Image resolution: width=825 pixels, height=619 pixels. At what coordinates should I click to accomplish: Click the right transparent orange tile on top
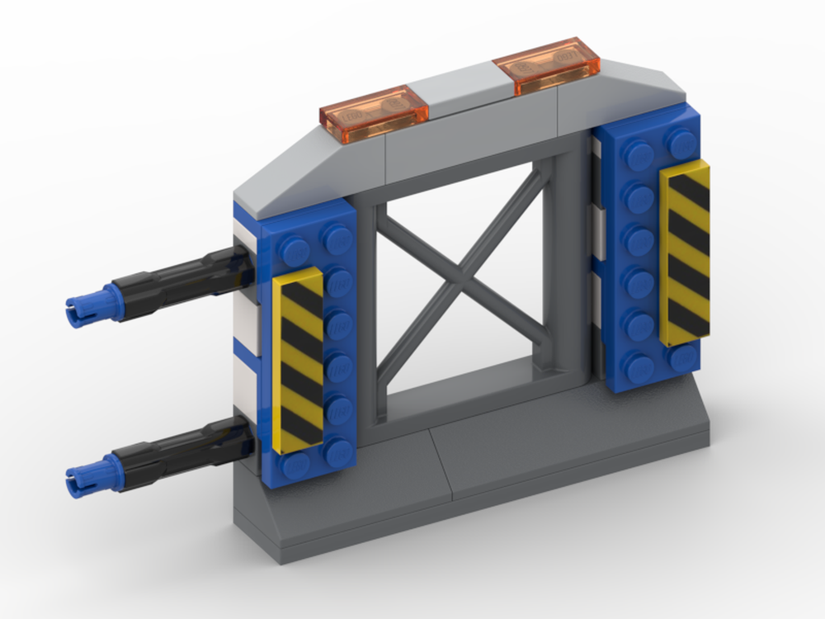point(545,64)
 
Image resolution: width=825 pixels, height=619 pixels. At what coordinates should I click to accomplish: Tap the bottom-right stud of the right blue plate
point(684,357)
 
